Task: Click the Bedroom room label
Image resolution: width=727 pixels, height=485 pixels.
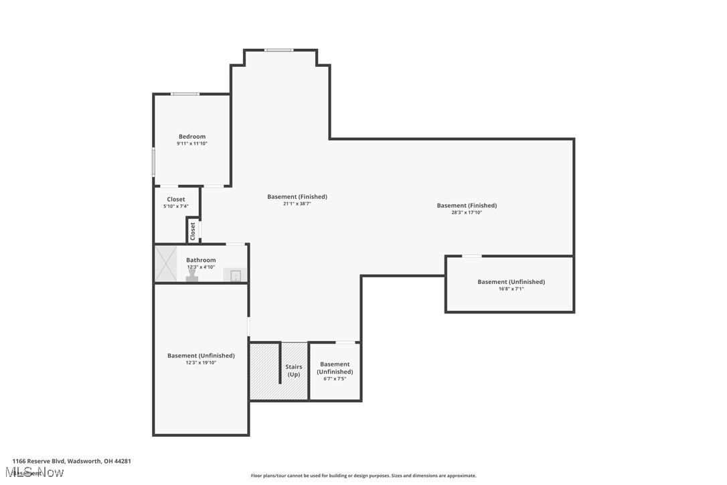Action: tap(191, 137)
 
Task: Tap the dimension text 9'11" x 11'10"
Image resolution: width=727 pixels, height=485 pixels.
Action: tap(191, 143)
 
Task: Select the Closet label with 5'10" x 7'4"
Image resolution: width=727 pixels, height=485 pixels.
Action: tap(176, 200)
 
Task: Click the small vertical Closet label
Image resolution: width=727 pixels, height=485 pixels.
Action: tap(193, 231)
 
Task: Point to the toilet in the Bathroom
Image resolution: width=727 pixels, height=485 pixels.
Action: tap(192, 275)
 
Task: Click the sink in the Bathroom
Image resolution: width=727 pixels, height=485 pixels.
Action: tap(236, 275)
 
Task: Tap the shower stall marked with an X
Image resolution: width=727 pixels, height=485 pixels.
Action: tap(165, 264)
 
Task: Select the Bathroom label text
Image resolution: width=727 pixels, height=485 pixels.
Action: tap(201, 260)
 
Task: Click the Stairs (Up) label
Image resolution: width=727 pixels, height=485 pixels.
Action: tap(294, 370)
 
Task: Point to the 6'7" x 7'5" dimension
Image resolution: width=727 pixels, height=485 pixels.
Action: tap(334, 379)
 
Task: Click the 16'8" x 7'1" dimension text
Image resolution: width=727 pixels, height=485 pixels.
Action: tap(511, 289)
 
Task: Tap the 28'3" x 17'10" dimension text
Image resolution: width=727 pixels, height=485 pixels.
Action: tap(467, 212)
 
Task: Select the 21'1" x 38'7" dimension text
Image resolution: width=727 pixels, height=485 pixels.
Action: tap(297, 204)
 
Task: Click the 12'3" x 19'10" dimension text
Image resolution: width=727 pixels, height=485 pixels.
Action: tap(201, 362)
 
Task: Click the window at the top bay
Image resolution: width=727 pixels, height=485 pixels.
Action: tap(278, 50)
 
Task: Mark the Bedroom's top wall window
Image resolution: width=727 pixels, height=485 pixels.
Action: tap(184, 94)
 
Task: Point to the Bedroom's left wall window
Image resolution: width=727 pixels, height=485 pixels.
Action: tap(153, 162)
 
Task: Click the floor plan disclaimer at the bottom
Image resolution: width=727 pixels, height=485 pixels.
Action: tap(363, 476)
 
